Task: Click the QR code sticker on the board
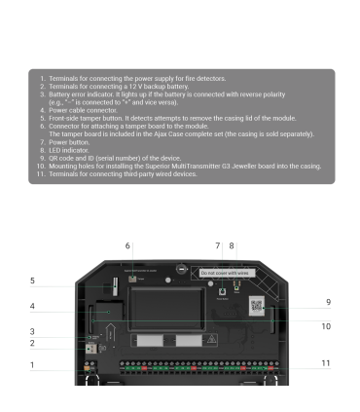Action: click(x=257, y=305)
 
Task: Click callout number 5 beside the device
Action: click(x=32, y=281)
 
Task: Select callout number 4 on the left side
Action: click(x=32, y=306)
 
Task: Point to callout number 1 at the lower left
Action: click(x=32, y=365)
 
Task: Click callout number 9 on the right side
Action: click(x=328, y=303)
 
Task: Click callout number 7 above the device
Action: click(x=218, y=247)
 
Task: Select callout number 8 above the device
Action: click(x=232, y=247)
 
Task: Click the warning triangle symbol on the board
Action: click(x=207, y=341)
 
